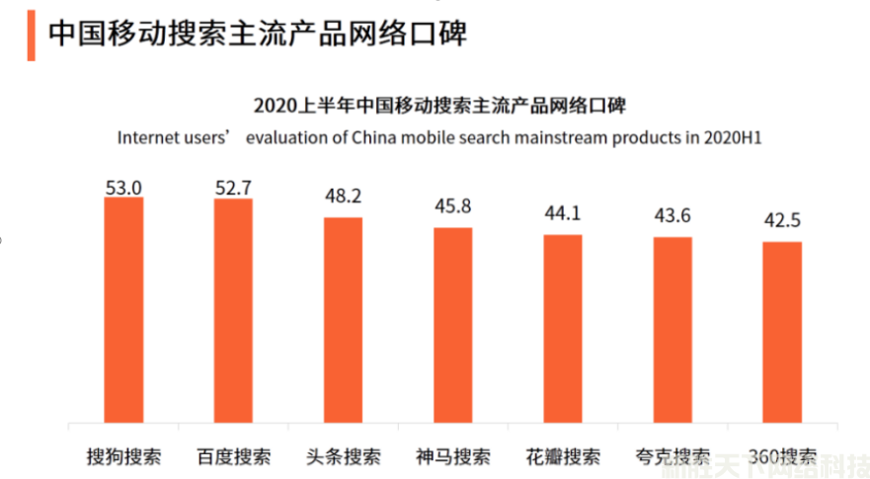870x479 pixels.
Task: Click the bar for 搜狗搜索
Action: (x=123, y=309)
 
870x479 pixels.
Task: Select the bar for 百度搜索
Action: (x=233, y=310)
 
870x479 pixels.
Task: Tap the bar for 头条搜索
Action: (x=343, y=319)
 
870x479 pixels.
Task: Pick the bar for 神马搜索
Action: (x=452, y=324)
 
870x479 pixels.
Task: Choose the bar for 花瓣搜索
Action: (x=562, y=328)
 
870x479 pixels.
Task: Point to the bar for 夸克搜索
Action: (x=672, y=329)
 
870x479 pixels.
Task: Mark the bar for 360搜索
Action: (x=781, y=331)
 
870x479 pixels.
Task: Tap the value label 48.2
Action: (x=343, y=196)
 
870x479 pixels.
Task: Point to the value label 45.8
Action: (x=452, y=207)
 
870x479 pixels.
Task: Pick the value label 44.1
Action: (x=562, y=213)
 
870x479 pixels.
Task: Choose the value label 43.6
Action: (x=672, y=216)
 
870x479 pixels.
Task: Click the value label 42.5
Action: (x=781, y=221)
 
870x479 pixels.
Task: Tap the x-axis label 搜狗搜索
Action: (x=123, y=457)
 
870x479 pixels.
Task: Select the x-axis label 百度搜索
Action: (x=233, y=457)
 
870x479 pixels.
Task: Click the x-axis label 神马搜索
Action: (x=452, y=457)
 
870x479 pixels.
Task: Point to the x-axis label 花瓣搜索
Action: (x=562, y=457)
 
